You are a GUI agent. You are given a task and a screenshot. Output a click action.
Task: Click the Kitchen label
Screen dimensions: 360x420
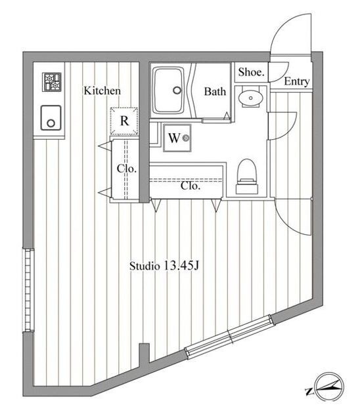click(x=102, y=91)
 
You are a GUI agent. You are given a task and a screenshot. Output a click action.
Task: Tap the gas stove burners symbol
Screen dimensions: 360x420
click(x=52, y=82)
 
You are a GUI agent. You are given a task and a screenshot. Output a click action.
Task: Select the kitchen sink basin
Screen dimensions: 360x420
click(x=51, y=118)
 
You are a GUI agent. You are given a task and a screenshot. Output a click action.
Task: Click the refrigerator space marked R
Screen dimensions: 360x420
click(x=124, y=121)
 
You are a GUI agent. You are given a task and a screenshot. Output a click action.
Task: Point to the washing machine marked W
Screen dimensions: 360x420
click(x=177, y=138)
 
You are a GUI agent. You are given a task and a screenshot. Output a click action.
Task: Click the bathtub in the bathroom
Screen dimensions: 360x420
click(x=168, y=91)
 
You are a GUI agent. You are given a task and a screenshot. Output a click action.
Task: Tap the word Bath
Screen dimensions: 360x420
click(x=215, y=92)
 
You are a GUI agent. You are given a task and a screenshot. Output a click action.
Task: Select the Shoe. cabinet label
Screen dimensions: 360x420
click(x=251, y=72)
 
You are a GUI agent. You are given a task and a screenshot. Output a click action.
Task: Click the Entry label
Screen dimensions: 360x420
click(x=297, y=81)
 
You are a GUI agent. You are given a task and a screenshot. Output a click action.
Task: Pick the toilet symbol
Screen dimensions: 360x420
click(x=247, y=177)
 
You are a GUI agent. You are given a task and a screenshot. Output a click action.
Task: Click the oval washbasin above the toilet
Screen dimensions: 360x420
click(x=250, y=98)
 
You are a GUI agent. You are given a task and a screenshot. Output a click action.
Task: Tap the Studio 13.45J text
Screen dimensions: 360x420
click(x=164, y=266)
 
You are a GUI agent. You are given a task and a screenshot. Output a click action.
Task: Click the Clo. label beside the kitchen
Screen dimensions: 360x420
click(x=127, y=169)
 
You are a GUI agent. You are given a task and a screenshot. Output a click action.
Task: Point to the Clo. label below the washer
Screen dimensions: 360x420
click(x=191, y=186)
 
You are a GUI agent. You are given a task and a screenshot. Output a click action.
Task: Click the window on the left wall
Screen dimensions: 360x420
click(x=28, y=290)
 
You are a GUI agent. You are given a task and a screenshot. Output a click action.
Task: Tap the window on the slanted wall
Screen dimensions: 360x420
click(x=231, y=337)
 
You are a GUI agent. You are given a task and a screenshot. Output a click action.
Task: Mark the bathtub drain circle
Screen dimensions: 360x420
click(x=177, y=90)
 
